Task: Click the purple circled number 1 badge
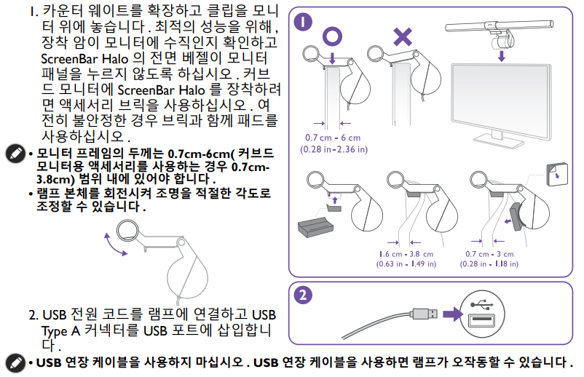click(x=303, y=22)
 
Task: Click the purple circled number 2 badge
click(x=303, y=295)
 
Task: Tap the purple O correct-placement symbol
click(x=332, y=36)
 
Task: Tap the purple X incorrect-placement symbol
click(x=403, y=36)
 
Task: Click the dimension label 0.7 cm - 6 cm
click(x=333, y=138)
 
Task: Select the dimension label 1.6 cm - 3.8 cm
click(x=406, y=254)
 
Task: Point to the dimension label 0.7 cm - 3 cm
click(x=489, y=254)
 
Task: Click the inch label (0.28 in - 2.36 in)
click(x=334, y=150)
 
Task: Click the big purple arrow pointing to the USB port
click(x=452, y=314)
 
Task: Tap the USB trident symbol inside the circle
click(x=481, y=305)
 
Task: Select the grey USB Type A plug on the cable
click(x=425, y=314)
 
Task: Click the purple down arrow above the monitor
click(x=502, y=56)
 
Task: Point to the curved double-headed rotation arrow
click(x=115, y=245)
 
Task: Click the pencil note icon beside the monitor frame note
click(x=15, y=153)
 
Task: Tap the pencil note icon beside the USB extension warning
click(x=15, y=362)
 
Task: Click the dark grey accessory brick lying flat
click(x=315, y=227)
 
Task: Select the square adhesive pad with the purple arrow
click(x=557, y=174)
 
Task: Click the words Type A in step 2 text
click(x=60, y=331)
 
